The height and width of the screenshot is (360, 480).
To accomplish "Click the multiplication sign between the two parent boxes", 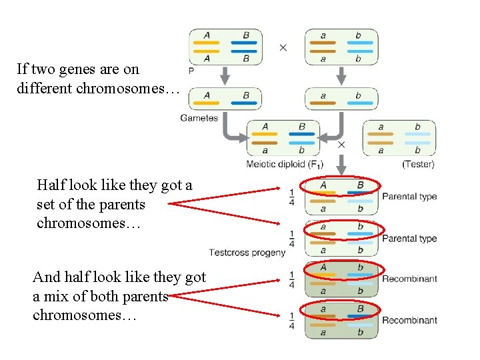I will tap(283, 47).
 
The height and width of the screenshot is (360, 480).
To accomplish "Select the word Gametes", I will tap(199, 118).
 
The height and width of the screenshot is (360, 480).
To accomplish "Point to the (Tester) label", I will tap(418, 164).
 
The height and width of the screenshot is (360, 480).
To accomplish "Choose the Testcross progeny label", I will tap(247, 252).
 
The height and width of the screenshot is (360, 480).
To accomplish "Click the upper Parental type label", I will tap(409, 197).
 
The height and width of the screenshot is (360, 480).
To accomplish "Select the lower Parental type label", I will tap(409, 238).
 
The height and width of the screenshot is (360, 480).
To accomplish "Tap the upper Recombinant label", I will tap(409, 279).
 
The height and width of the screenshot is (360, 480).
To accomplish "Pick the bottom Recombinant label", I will tap(409, 320).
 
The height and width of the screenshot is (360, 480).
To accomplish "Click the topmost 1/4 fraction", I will tap(291, 197).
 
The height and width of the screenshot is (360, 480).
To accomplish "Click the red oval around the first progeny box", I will tap(341, 185).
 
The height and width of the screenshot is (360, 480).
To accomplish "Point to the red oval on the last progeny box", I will tap(341, 309).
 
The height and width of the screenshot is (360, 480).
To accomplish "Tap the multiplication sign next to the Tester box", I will tap(342, 144).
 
